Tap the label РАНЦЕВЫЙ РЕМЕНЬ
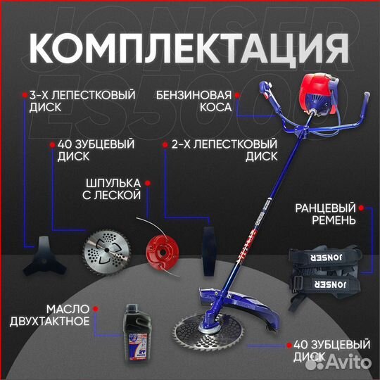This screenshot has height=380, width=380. (x=324, y=214)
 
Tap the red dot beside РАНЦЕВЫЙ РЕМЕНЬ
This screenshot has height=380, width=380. (x=360, y=208)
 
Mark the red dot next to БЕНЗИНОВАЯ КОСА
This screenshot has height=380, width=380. (x=239, y=93)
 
